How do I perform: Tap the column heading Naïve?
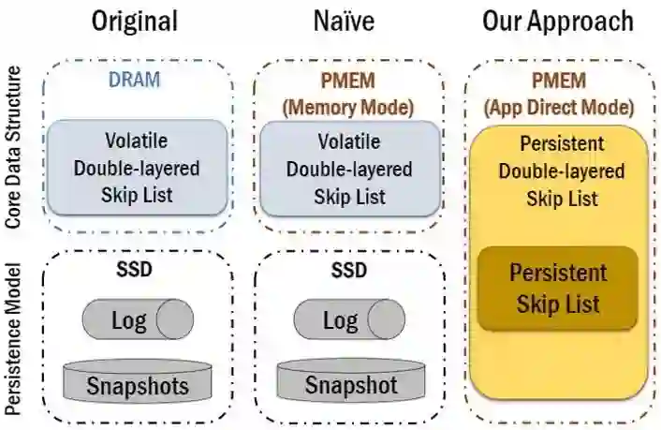348,22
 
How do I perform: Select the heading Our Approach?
558,22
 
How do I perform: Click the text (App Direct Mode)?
559,107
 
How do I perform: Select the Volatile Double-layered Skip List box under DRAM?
137,170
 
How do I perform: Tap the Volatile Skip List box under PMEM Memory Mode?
348,170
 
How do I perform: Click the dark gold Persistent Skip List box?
558,289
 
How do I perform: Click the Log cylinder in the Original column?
137,320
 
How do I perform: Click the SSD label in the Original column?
137,270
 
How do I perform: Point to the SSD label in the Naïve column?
348,270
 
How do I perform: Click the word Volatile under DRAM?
137,142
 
